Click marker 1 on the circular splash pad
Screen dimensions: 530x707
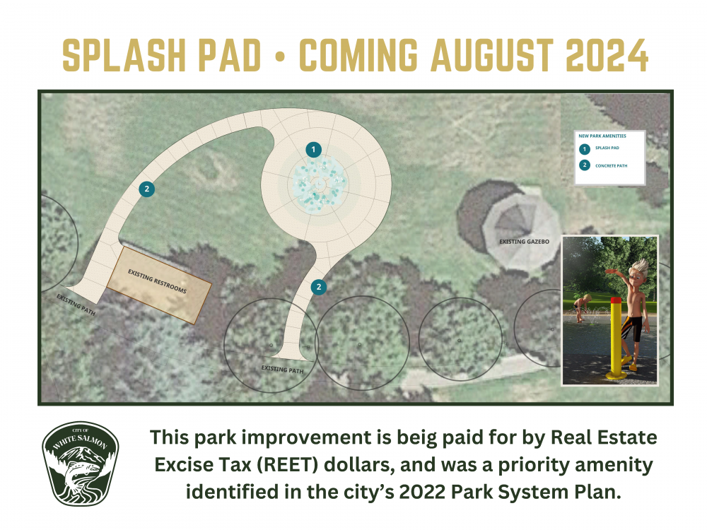tap(313, 149)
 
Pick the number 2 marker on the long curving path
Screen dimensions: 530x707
tap(146, 189)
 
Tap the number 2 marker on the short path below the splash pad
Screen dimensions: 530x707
tap(320, 286)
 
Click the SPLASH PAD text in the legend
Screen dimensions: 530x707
tap(607, 148)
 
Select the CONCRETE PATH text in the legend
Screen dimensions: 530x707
tap(611, 166)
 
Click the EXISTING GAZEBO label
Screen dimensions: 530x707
tap(524, 242)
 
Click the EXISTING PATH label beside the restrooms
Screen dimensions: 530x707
tap(74, 304)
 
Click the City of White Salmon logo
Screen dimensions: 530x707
tap(80, 464)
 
